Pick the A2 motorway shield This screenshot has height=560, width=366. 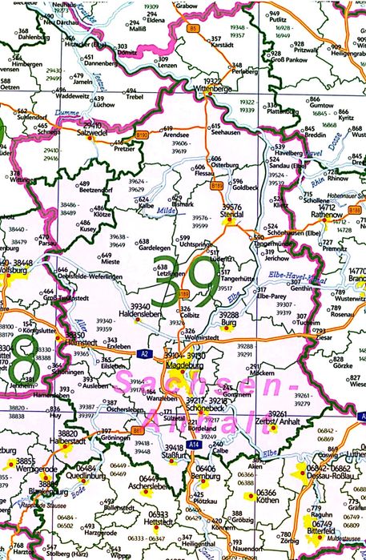[142, 353]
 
